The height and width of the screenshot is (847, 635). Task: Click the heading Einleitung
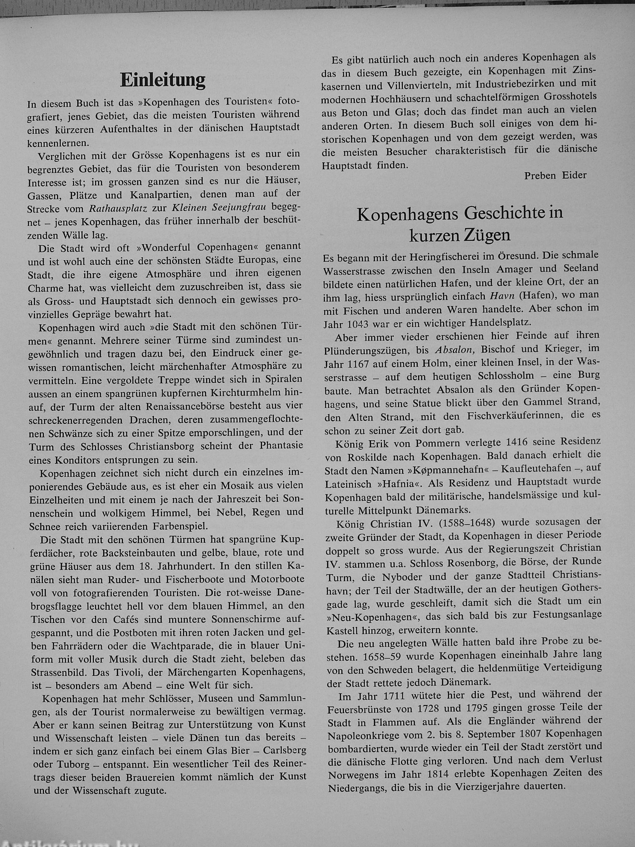(163, 81)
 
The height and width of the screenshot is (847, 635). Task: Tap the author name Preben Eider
(555, 175)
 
